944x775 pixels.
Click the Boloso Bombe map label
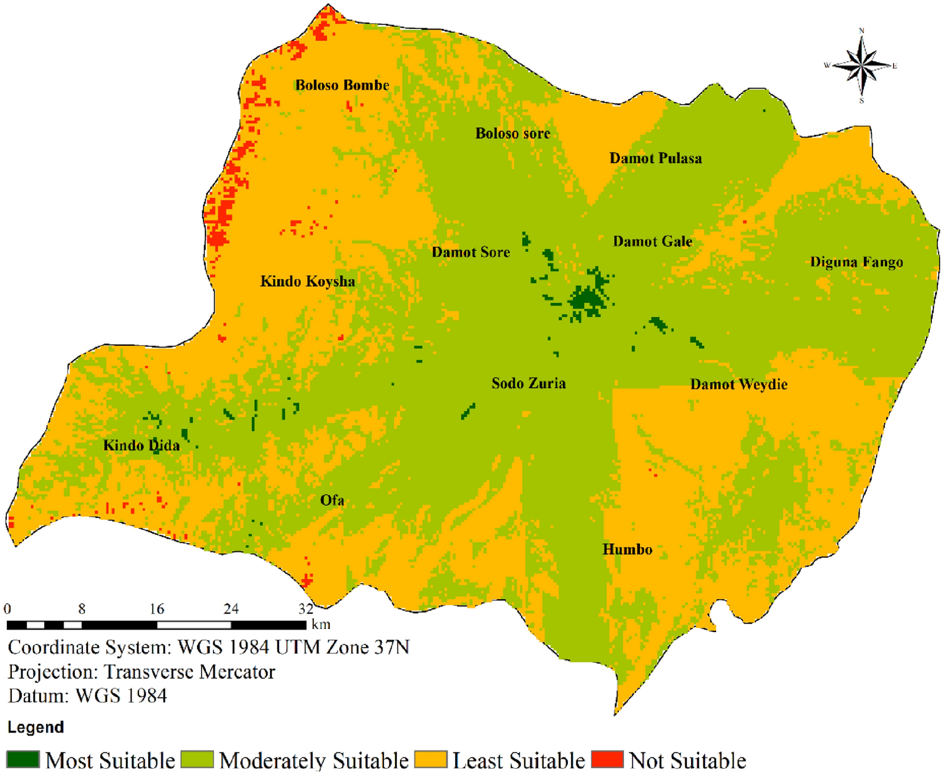coord(342,85)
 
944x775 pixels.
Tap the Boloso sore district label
coord(513,134)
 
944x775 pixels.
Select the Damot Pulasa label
coord(655,158)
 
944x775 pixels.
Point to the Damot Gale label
coord(652,241)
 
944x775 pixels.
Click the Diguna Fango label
coord(856,262)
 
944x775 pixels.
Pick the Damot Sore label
coord(470,252)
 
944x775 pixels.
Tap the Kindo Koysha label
coord(307,282)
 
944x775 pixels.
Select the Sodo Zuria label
coord(528,383)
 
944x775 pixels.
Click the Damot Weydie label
coord(739,384)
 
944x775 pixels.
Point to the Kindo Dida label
coord(141,445)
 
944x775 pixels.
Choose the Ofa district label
coord(332,500)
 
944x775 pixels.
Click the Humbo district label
coord(627,549)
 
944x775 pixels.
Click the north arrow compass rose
coord(861,66)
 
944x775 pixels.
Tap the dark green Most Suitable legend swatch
coord(23,759)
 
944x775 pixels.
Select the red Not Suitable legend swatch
coord(607,759)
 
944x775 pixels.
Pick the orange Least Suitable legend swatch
coord(431,759)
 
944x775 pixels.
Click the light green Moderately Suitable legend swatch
coord(197,759)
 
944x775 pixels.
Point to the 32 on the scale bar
coord(306,609)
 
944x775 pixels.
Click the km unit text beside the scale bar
coord(321,624)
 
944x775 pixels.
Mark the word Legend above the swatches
coord(36,727)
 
